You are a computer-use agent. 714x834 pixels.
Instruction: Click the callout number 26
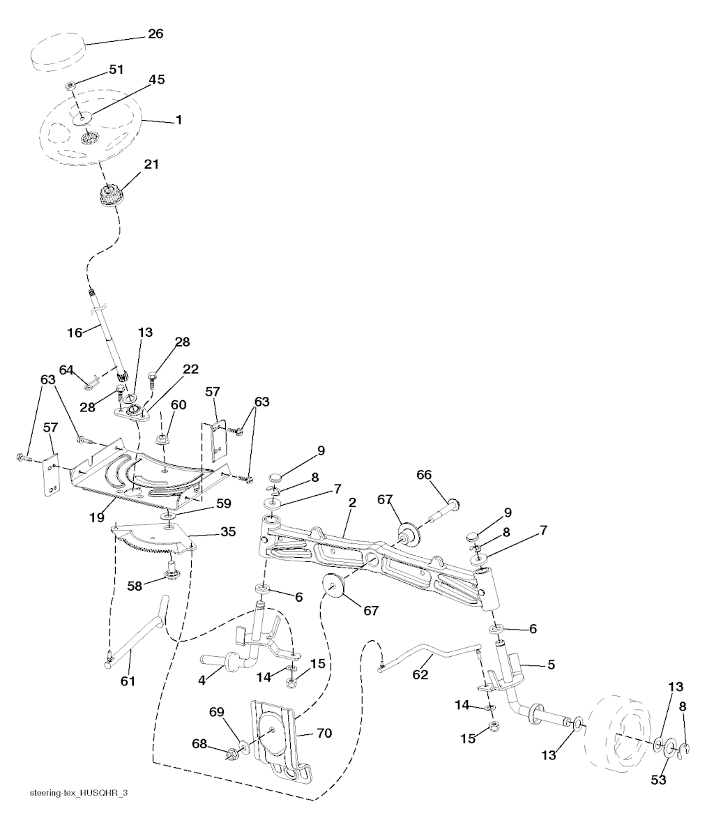[x=155, y=33]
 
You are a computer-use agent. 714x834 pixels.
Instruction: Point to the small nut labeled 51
[x=71, y=86]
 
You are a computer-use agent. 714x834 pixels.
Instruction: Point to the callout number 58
[x=135, y=586]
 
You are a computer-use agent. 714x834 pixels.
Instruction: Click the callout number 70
[x=324, y=733]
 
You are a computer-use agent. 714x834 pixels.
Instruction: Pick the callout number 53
[x=658, y=780]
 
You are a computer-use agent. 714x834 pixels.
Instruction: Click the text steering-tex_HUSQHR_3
[x=79, y=794]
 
